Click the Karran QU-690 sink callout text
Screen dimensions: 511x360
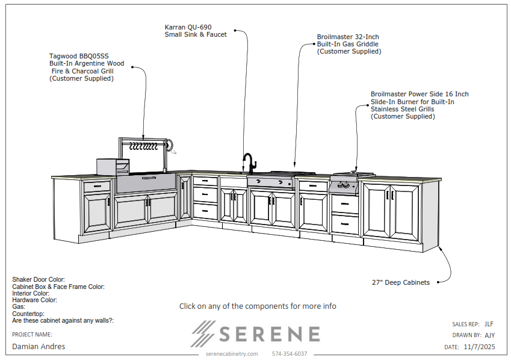click(x=196, y=31)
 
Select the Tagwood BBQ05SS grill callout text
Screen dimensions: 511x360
click(x=87, y=67)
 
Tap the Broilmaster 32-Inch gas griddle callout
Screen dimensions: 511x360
click(x=348, y=44)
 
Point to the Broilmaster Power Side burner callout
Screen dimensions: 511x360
click(x=420, y=105)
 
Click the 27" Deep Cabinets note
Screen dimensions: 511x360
click(x=401, y=282)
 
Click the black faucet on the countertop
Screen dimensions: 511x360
click(x=249, y=163)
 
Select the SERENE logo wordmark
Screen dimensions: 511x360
click(x=256, y=334)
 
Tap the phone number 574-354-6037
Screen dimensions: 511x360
click(x=290, y=354)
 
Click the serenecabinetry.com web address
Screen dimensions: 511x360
click(x=231, y=354)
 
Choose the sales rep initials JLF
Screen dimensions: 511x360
click(x=489, y=324)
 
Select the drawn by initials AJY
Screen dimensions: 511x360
click(x=489, y=335)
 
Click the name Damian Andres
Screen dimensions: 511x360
click(x=39, y=347)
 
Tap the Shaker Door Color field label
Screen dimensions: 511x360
click(x=39, y=280)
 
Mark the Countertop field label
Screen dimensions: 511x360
click(x=28, y=314)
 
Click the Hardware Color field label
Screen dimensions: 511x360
click(x=34, y=300)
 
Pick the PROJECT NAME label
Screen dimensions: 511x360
click(x=32, y=334)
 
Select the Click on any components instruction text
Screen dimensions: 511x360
click(x=258, y=306)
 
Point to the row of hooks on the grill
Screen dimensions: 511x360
click(x=143, y=146)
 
